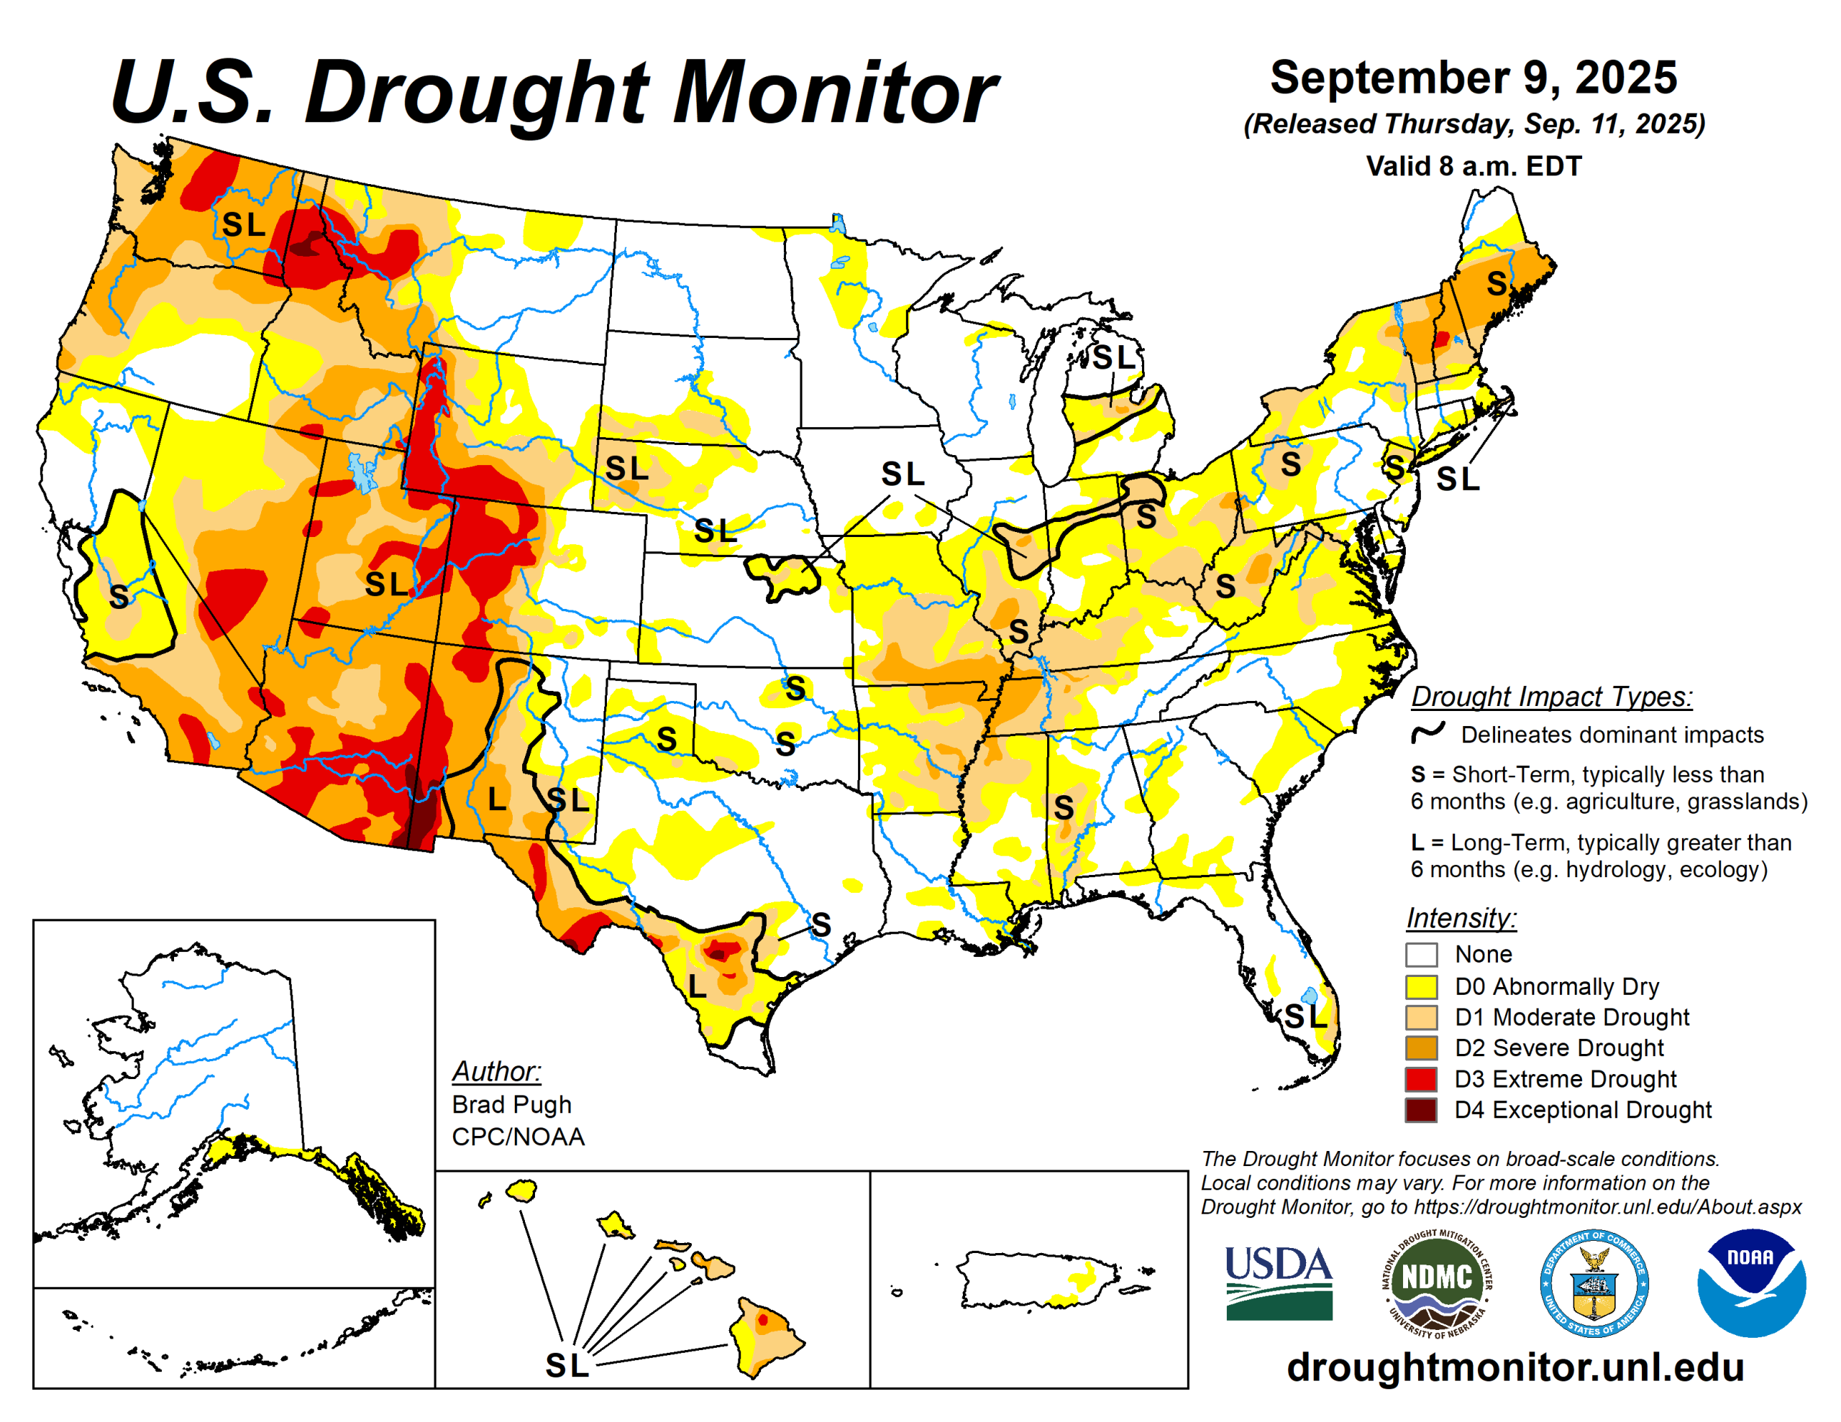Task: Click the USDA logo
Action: click(x=1278, y=1282)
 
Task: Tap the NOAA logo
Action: click(x=1751, y=1282)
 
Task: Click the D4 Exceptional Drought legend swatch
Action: click(x=1420, y=1109)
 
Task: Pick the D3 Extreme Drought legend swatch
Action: click(x=1420, y=1078)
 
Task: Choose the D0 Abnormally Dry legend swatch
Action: click(x=1420, y=986)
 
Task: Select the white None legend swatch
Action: click(x=1420, y=954)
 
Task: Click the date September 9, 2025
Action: click(x=1473, y=78)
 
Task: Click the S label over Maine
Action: click(x=1497, y=283)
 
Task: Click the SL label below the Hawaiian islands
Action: click(x=567, y=1365)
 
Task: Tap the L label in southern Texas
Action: click(x=696, y=986)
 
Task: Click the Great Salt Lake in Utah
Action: click(x=363, y=472)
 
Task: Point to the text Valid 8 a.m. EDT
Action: click(x=1473, y=166)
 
